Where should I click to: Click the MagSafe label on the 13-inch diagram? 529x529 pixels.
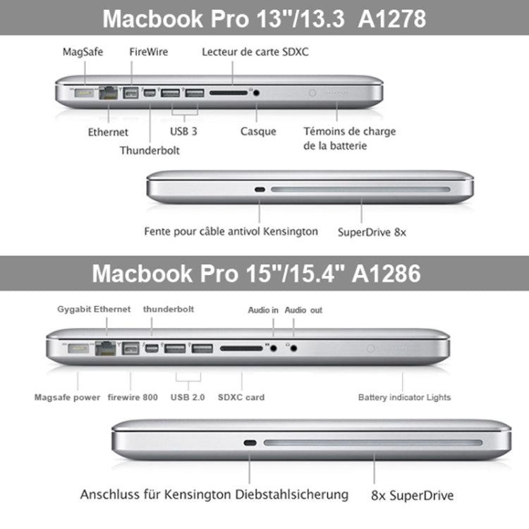click(x=81, y=52)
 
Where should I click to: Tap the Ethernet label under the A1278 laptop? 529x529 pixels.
click(x=108, y=131)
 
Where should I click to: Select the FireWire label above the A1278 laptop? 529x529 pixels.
click(x=149, y=52)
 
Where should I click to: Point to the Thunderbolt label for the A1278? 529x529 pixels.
click(x=150, y=150)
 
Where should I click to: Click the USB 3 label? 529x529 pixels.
click(x=185, y=131)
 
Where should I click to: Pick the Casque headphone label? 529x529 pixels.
click(x=258, y=131)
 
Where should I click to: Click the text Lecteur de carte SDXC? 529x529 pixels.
click(x=255, y=52)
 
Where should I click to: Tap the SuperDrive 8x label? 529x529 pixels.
click(x=372, y=231)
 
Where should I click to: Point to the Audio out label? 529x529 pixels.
click(x=305, y=310)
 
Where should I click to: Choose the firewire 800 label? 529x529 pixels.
click(x=133, y=397)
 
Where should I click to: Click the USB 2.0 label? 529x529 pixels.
click(x=188, y=397)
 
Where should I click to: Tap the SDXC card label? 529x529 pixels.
click(x=242, y=397)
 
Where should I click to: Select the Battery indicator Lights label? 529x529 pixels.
click(x=404, y=397)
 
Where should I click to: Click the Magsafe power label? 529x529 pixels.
click(x=67, y=397)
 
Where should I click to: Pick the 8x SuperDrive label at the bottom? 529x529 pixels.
click(x=412, y=495)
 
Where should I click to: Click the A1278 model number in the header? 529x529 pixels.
click(x=392, y=18)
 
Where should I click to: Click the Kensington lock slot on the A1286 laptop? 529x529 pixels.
click(x=249, y=444)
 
